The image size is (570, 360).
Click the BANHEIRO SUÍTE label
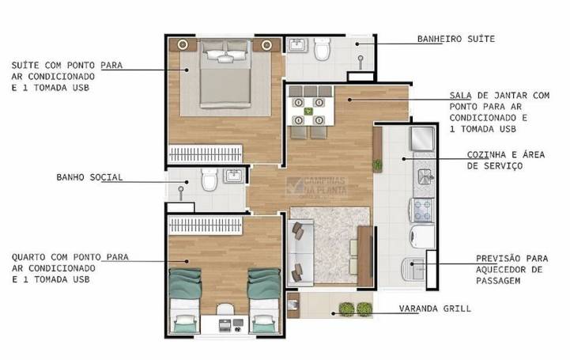click(x=456, y=39)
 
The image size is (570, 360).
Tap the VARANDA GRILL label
click(x=435, y=309)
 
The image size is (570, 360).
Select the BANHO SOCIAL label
click(x=89, y=177)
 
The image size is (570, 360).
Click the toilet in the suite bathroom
click(x=322, y=48)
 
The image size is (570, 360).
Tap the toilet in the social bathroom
click(x=210, y=180)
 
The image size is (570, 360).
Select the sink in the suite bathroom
click(x=298, y=45)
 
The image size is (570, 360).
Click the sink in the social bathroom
click(x=233, y=176)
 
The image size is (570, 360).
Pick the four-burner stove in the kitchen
click(x=422, y=210)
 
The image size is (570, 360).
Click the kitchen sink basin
click(x=425, y=177)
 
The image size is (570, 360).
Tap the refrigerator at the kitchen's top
click(x=422, y=138)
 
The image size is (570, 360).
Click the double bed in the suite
click(x=226, y=74)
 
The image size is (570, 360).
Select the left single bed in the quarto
click(x=185, y=301)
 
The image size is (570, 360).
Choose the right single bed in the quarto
click(x=264, y=301)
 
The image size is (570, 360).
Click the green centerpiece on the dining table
click(x=308, y=112)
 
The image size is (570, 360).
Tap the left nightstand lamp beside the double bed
click(x=183, y=45)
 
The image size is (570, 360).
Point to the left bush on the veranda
click(x=347, y=309)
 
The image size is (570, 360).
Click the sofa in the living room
click(x=300, y=252)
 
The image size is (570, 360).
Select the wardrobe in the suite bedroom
click(x=206, y=154)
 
